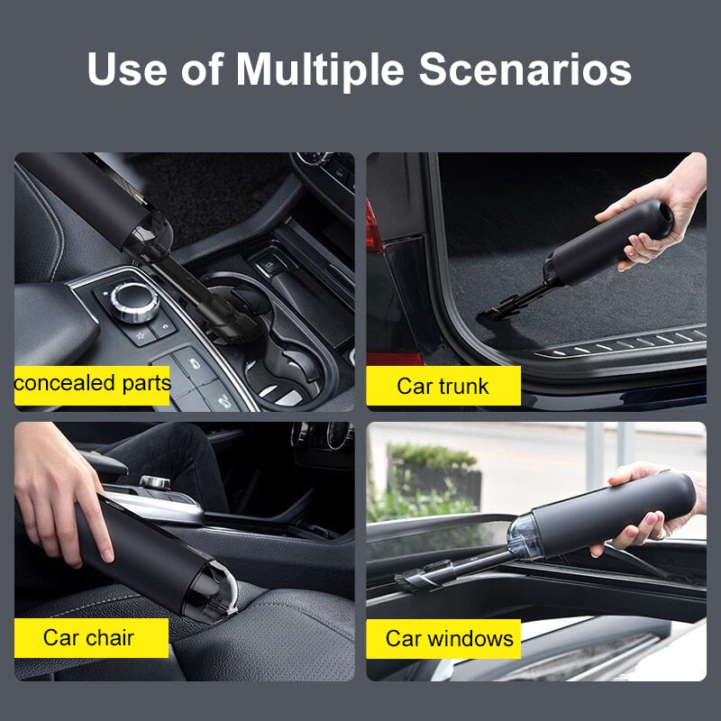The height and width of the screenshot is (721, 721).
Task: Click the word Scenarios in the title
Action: coord(525,70)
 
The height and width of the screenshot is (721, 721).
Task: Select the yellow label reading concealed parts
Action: coord(92,384)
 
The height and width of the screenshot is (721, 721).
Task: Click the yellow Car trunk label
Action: coord(443,386)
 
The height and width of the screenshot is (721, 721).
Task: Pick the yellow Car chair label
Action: coord(89,637)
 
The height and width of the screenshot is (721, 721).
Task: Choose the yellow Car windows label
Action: coord(449,638)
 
